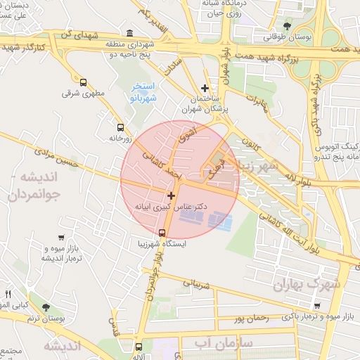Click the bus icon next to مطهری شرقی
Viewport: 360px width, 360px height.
click(84, 82)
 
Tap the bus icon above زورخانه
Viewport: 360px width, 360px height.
click(120, 128)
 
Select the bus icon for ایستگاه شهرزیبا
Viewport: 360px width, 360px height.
click(162, 233)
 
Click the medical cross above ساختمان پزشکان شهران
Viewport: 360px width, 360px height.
click(205, 88)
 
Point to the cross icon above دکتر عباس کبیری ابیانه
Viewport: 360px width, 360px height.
click(171, 194)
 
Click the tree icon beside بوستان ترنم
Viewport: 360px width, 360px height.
click(46, 307)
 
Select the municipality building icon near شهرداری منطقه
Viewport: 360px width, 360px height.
click(129, 33)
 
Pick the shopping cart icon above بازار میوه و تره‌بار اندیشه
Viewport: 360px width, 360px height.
click(60, 238)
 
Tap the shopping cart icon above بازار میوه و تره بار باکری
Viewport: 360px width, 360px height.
click(317, 305)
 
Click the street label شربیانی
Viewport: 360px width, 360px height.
click(197, 285)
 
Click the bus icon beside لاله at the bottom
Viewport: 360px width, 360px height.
click(139, 347)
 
